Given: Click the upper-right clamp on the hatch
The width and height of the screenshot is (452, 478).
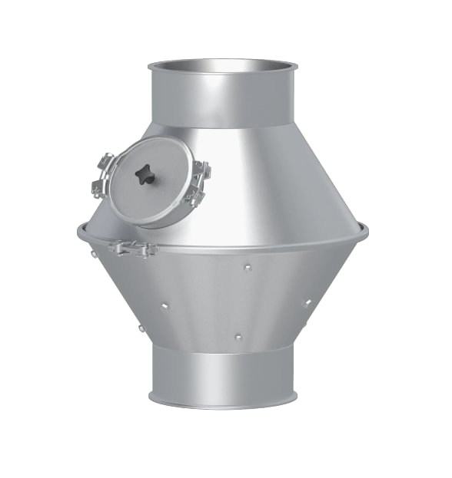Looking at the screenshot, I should [x=201, y=170].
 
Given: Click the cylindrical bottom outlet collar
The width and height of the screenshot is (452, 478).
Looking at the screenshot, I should [x=221, y=376].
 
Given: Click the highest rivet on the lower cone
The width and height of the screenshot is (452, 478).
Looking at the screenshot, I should [x=247, y=268].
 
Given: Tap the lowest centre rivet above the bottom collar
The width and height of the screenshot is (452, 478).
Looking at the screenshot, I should [x=238, y=337].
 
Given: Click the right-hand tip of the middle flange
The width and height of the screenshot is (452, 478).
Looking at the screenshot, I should [x=366, y=229].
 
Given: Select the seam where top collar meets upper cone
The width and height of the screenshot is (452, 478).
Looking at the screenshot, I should [x=221, y=126].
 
